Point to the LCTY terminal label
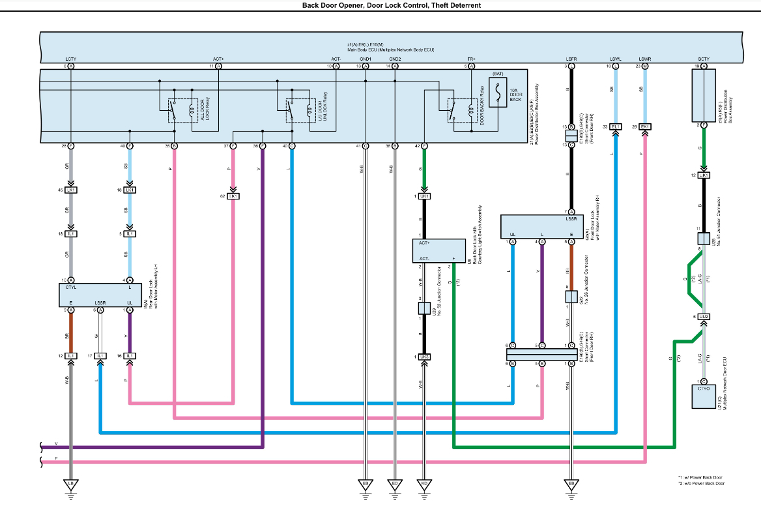coord(71,59)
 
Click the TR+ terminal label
coord(471,59)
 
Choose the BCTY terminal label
coord(704,59)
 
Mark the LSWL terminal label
coord(615,59)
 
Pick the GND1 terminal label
coord(365,59)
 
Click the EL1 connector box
coord(617,126)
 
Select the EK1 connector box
coord(645,126)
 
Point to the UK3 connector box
coord(424,357)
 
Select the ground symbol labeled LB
coord(70,485)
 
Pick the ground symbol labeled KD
coord(424,485)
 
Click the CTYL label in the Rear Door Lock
coord(71,287)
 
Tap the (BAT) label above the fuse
coord(498,75)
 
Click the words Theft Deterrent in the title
coord(458,5)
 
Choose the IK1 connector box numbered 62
coord(233,196)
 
